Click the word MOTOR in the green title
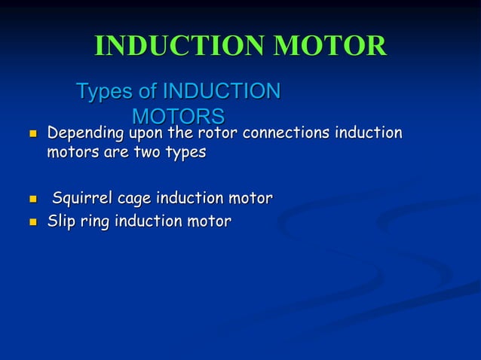coord(329,47)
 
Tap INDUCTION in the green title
coord(179,47)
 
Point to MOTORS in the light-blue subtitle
coord(178,117)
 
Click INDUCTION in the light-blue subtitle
coord(222,92)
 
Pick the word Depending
coord(84,134)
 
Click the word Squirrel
coord(81,199)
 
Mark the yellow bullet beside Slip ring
coord(32,223)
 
